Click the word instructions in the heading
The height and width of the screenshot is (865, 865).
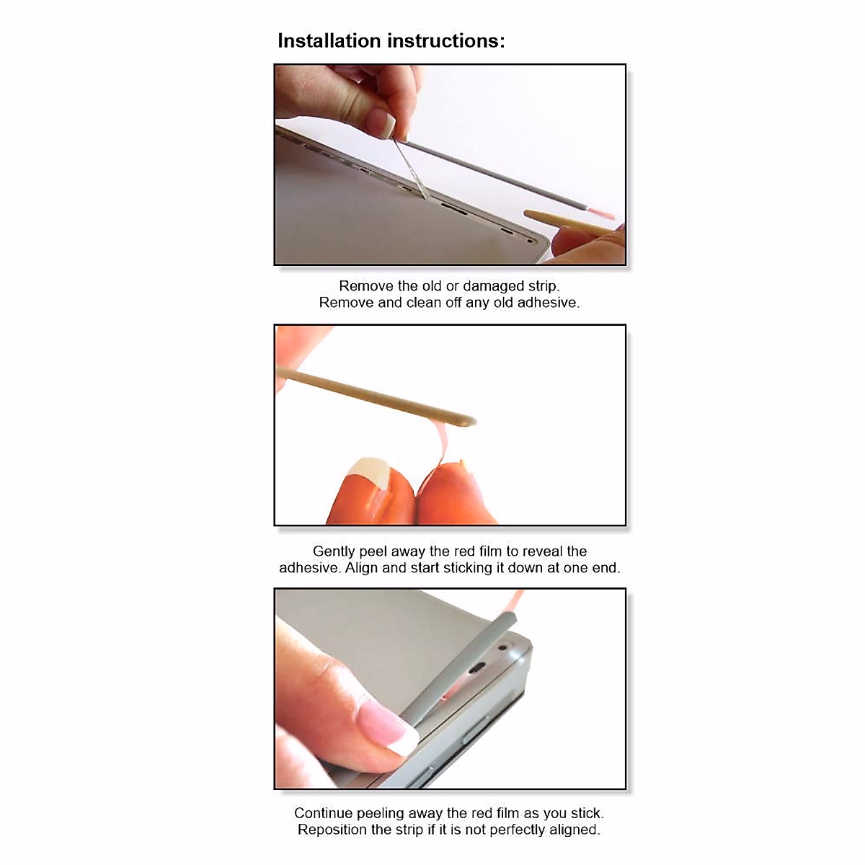click(446, 41)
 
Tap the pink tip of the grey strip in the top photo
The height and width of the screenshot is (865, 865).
click(602, 213)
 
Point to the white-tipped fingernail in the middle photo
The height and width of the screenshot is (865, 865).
click(369, 475)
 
